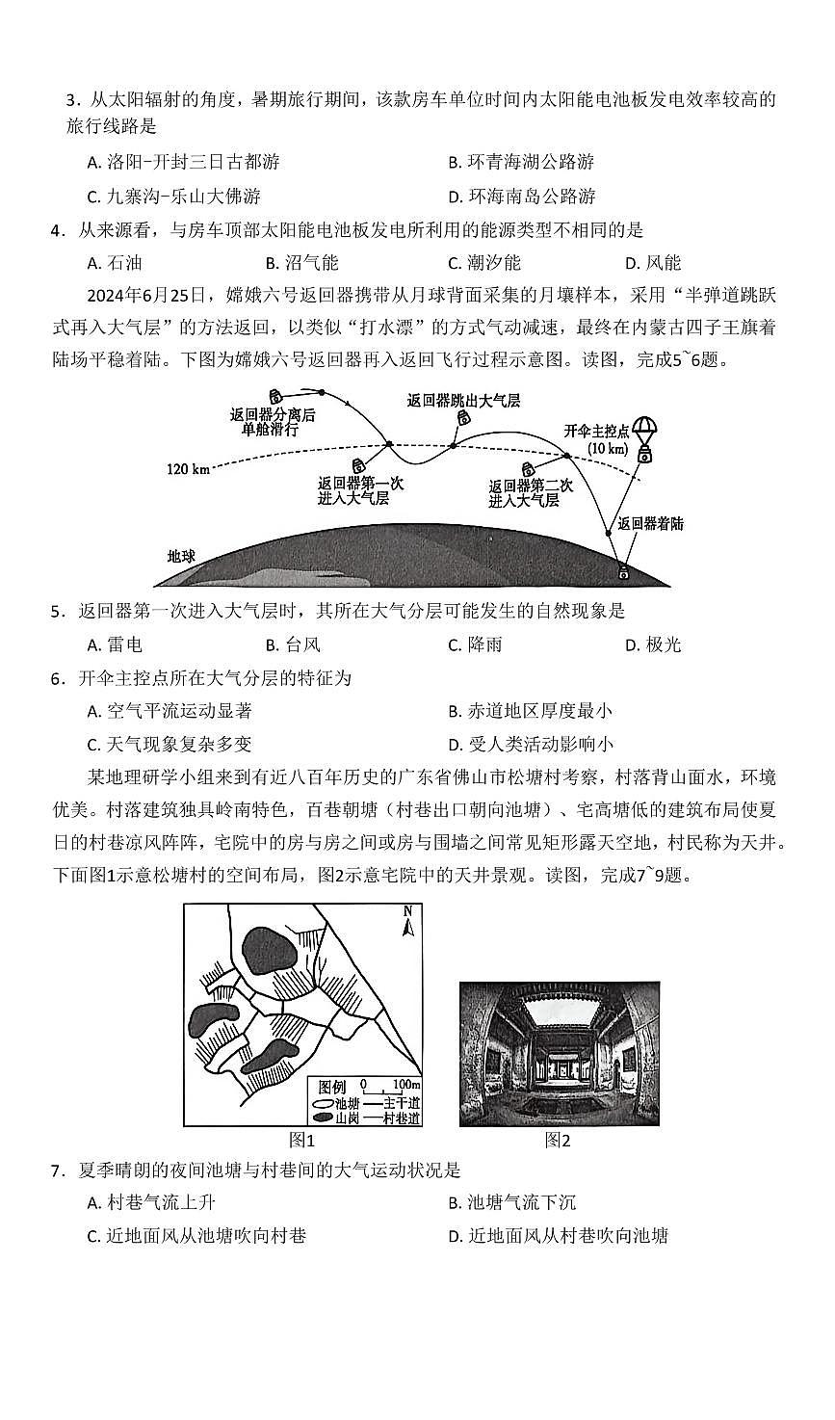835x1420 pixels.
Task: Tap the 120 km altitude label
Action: (x=188, y=469)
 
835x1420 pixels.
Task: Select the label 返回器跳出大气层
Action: (x=463, y=401)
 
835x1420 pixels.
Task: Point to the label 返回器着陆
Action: (x=650, y=523)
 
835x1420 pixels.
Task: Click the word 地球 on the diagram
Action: (x=181, y=557)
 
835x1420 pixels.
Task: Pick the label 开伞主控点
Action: (x=596, y=432)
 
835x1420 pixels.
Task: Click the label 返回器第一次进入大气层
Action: (x=360, y=491)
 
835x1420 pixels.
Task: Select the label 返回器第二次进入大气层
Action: (x=531, y=493)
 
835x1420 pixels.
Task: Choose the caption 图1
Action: (x=302, y=1140)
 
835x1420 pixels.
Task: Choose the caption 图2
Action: (x=558, y=1140)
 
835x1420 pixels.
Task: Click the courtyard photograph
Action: (x=559, y=1053)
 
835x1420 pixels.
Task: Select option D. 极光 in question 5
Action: (x=652, y=644)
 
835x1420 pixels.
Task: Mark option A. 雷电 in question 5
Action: (x=115, y=644)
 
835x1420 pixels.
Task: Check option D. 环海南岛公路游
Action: (x=522, y=196)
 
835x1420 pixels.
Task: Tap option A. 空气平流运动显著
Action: (x=170, y=711)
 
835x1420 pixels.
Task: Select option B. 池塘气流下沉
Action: (x=512, y=1202)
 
